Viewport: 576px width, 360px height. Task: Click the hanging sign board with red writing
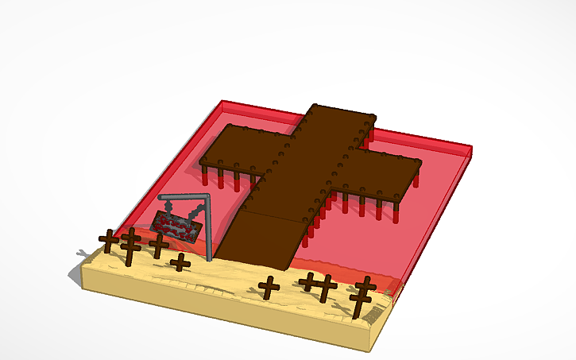tap(176, 226)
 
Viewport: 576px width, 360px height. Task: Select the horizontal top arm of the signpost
tap(184, 196)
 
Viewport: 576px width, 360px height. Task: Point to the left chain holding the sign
tap(170, 206)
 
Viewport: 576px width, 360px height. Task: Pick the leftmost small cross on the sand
tap(108, 241)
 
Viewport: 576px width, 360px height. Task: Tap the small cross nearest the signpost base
tap(180, 261)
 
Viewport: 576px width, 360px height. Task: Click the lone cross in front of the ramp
tap(269, 287)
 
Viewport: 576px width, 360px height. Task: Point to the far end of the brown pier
tap(342, 115)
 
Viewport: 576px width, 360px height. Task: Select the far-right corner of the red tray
tap(470, 149)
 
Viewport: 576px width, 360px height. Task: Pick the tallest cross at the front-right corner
tap(364, 296)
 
